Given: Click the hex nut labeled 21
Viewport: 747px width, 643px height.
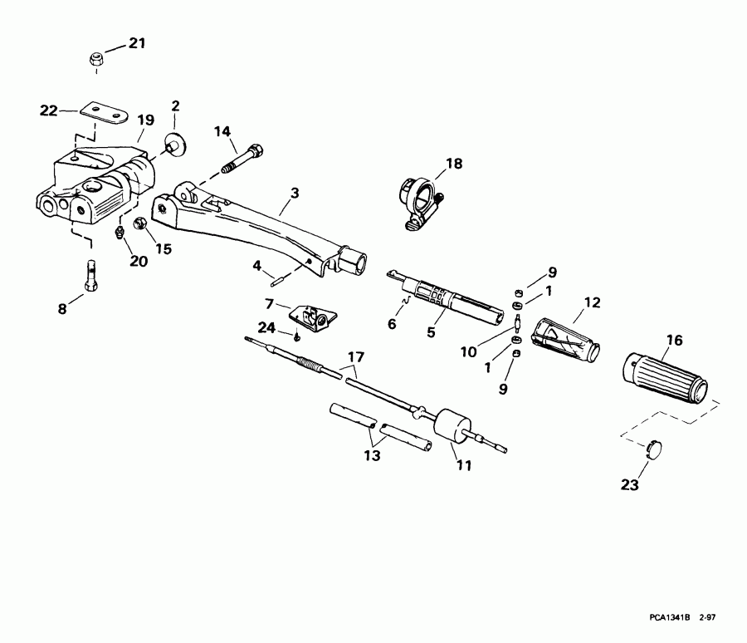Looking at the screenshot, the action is pyautogui.click(x=96, y=60).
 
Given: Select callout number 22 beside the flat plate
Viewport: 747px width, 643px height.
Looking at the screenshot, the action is pyautogui.click(x=49, y=110).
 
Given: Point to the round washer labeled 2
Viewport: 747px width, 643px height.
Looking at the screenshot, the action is pyautogui.click(x=175, y=144).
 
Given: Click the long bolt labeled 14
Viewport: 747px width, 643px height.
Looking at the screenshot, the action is pyautogui.click(x=243, y=157).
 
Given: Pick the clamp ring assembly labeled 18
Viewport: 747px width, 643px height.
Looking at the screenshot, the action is pyautogui.click(x=419, y=203).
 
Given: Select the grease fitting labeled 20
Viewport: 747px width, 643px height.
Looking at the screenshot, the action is pyautogui.click(x=119, y=233).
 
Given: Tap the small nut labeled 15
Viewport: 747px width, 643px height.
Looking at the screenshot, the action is pyautogui.click(x=141, y=223).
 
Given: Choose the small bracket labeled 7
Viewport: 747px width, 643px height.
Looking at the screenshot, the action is pyautogui.click(x=313, y=317).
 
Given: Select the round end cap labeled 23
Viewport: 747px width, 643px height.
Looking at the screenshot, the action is pyautogui.click(x=654, y=449).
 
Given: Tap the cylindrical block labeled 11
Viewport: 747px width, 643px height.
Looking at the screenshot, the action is pyautogui.click(x=452, y=427).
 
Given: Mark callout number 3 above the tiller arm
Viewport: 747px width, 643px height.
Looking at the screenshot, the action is pyautogui.click(x=295, y=194).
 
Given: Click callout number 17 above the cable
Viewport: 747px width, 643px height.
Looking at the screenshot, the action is pyautogui.click(x=356, y=356).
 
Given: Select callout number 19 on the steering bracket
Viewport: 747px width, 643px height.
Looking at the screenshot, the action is pyautogui.click(x=146, y=120).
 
